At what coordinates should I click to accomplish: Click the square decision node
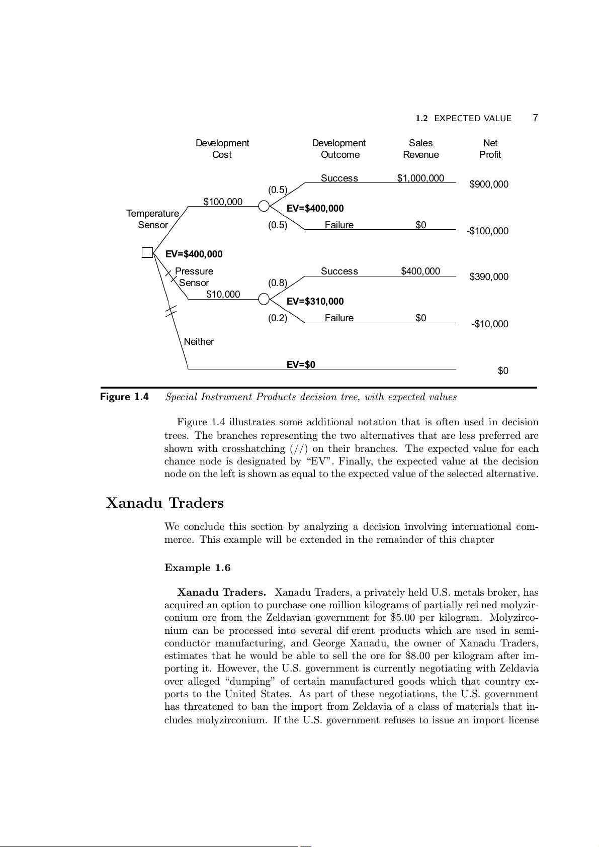click(147, 252)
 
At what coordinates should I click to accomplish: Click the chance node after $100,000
click(264, 206)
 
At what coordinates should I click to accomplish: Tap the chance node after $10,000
click(264, 299)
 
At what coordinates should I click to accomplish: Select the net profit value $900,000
click(488, 184)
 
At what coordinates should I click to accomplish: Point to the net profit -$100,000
click(487, 231)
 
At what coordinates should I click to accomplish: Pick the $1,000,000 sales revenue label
click(420, 178)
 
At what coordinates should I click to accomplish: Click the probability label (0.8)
click(277, 283)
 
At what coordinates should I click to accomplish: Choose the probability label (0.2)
click(277, 318)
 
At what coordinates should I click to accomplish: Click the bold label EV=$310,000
click(315, 302)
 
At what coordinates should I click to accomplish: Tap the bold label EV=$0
click(301, 365)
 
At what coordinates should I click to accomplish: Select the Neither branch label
click(199, 342)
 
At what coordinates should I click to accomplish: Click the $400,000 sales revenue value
click(420, 271)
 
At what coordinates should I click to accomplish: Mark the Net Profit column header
click(490, 149)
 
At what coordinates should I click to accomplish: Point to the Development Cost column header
click(222, 149)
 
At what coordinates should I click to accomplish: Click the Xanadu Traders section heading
click(165, 503)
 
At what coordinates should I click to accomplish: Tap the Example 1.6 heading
click(197, 568)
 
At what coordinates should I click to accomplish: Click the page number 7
click(535, 118)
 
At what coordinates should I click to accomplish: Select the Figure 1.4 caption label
click(124, 397)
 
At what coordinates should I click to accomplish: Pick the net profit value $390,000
click(488, 277)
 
